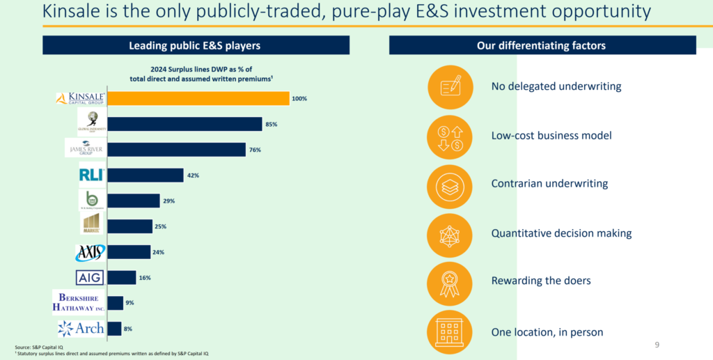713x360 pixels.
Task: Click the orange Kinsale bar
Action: point(198,98)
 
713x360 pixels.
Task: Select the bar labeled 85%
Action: point(185,124)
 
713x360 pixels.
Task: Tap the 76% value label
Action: point(256,150)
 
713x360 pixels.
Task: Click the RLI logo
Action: point(92,175)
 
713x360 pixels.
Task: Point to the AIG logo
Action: point(91,277)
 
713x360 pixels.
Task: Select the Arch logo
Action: point(81,328)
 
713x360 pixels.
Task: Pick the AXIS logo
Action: point(91,252)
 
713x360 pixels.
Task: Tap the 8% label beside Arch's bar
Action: point(128,328)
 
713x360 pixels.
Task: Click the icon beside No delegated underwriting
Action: point(450,87)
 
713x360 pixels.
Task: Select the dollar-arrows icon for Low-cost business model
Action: point(450,136)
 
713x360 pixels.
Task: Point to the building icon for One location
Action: point(450,331)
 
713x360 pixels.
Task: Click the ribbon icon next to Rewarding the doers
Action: point(450,281)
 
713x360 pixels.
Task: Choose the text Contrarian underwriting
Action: point(549,184)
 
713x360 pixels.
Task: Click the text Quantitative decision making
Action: point(561,233)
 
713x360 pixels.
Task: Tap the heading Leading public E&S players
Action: point(196,46)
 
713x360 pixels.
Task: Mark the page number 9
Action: point(657,344)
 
